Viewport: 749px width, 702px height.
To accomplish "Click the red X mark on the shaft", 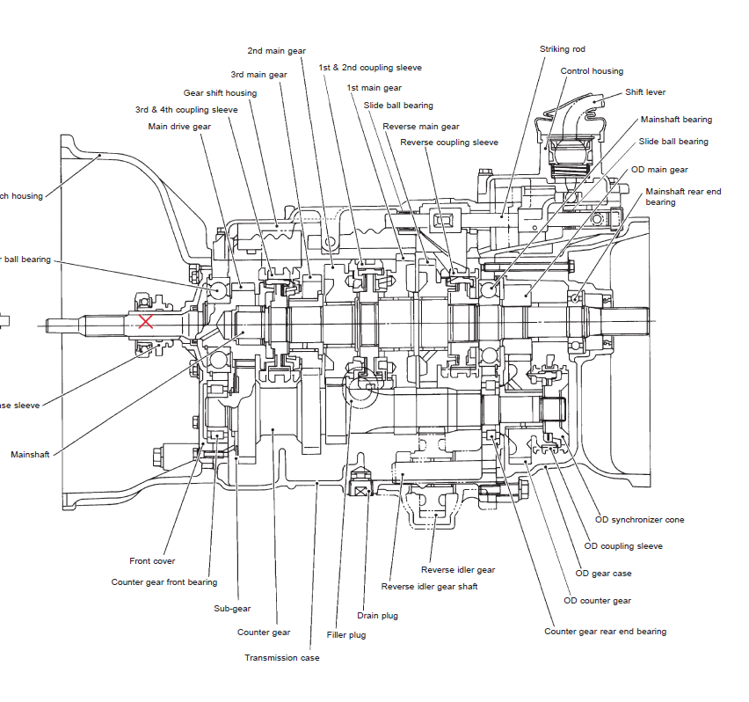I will (x=146, y=321).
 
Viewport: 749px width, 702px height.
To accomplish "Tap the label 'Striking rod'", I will (x=562, y=49).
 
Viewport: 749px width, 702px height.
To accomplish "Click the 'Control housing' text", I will (x=592, y=71).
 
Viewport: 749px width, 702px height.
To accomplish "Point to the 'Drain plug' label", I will (x=377, y=616).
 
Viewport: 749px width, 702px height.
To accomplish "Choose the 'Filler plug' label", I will (x=345, y=635).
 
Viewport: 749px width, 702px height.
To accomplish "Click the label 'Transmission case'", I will (x=282, y=658).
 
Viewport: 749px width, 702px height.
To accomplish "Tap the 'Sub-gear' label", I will (x=232, y=609).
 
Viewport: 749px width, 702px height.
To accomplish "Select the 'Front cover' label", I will (x=152, y=561).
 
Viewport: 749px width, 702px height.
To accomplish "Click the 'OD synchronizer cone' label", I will (x=639, y=520).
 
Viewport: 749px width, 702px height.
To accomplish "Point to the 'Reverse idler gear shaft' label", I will (x=429, y=587).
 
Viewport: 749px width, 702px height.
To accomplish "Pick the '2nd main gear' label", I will (x=276, y=51).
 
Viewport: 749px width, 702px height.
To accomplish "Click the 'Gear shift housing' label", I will (x=220, y=93).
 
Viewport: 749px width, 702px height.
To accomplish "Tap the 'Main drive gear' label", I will (x=179, y=127).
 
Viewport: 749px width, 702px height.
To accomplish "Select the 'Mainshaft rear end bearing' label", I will (x=683, y=196).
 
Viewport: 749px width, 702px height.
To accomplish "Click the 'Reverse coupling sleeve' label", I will (x=449, y=143).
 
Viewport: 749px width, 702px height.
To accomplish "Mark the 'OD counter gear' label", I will (x=598, y=601).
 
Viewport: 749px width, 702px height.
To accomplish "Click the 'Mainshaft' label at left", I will (x=30, y=455).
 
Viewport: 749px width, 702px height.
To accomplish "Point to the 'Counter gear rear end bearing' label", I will (x=605, y=632).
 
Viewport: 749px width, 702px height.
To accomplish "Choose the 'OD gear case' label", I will (x=603, y=574).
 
